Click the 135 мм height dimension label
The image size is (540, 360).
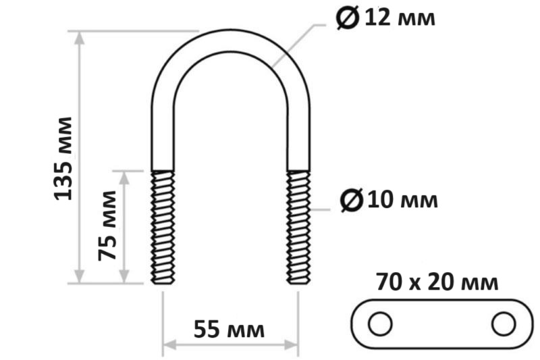click(x=63, y=159)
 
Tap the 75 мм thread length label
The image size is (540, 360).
click(x=107, y=226)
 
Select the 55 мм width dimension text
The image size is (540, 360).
click(x=229, y=329)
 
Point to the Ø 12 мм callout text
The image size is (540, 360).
click(x=385, y=18)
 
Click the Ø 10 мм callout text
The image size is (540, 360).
click(x=389, y=199)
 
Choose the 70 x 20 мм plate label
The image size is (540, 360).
click(x=437, y=282)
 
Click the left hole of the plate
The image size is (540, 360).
click(x=380, y=324)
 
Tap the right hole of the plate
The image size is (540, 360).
click(x=504, y=324)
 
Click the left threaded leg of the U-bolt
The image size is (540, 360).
click(x=163, y=228)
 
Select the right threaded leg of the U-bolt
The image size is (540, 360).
click(x=298, y=228)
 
